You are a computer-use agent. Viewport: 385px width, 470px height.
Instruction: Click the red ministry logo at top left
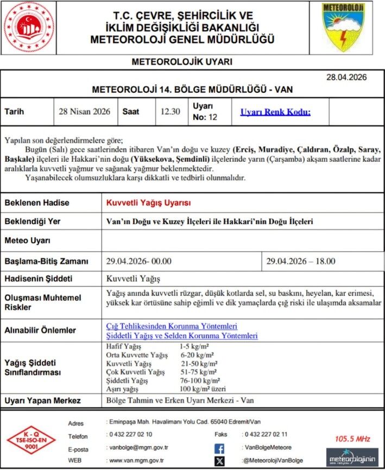click(26, 27)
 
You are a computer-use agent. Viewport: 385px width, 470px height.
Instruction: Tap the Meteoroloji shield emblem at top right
click(344, 27)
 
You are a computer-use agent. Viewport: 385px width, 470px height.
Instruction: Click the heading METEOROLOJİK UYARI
click(182, 62)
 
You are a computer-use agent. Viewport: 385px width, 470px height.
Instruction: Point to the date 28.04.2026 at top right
click(346, 78)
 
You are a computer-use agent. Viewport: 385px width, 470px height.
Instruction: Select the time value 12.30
click(170, 111)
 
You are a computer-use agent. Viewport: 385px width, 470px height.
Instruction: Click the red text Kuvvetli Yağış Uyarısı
click(148, 202)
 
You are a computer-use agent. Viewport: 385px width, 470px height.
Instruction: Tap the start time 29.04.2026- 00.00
click(139, 261)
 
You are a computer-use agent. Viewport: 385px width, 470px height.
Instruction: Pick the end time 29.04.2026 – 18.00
click(301, 261)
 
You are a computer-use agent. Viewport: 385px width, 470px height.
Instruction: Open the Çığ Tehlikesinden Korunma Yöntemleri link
click(172, 326)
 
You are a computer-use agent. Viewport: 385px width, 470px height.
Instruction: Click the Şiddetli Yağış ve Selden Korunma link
click(181, 336)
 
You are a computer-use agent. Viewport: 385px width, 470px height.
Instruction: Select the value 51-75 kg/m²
click(199, 372)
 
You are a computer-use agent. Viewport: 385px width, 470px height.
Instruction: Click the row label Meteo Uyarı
click(28, 240)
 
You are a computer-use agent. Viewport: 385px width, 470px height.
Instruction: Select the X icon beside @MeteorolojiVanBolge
click(219, 461)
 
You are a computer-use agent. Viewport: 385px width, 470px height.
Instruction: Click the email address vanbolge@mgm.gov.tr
click(138, 448)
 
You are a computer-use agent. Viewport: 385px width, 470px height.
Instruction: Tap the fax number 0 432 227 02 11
click(266, 434)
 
